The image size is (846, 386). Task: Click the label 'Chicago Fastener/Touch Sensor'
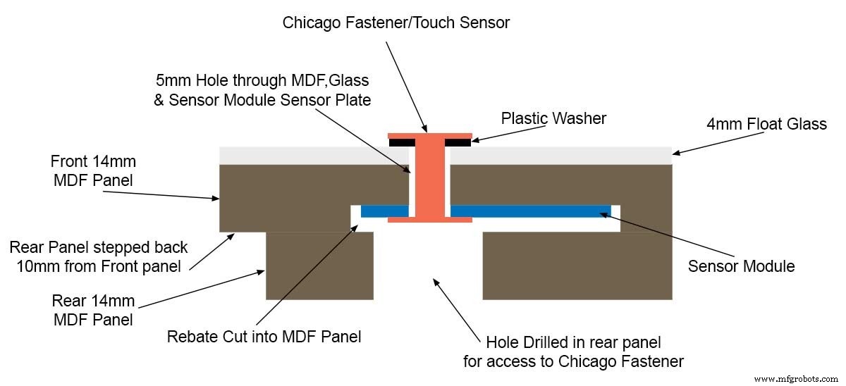pyautogui.click(x=396, y=23)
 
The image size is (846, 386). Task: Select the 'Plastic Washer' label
pyautogui.click(x=553, y=118)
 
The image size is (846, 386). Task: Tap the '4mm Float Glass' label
pyautogui.click(x=766, y=124)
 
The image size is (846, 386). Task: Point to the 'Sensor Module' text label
pyautogui.click(x=741, y=266)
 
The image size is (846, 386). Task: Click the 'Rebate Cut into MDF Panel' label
pyautogui.click(x=264, y=337)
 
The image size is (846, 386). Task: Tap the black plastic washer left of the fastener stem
pyautogui.click(x=401, y=142)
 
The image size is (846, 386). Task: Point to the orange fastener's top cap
pyautogui.click(x=430, y=135)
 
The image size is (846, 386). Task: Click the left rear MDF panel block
pyautogui.click(x=319, y=266)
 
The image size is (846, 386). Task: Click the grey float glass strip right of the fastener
pyautogui.click(x=560, y=155)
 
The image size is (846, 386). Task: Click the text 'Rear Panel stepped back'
pyautogui.click(x=99, y=247)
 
